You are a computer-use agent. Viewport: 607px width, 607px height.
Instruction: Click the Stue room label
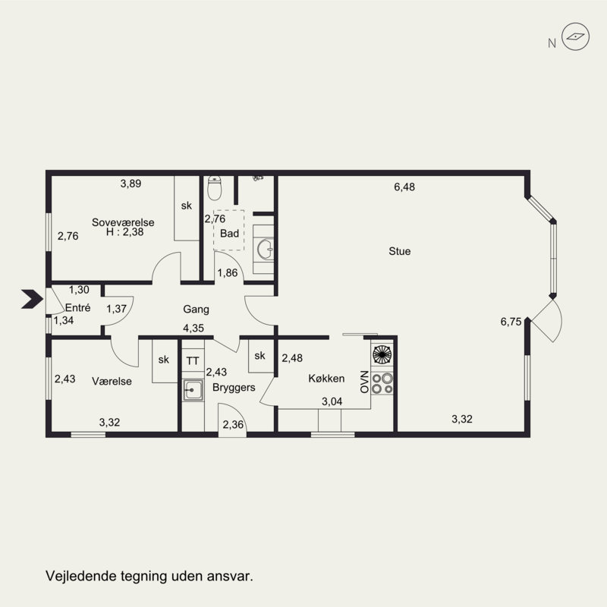(400, 251)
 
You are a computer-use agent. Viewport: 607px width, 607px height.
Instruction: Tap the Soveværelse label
(123, 222)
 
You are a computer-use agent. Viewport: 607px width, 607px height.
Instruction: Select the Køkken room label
(326, 378)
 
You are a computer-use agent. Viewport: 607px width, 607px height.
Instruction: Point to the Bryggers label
(234, 388)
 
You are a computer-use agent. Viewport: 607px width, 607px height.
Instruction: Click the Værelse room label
(112, 382)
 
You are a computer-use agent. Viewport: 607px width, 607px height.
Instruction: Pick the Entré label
(78, 308)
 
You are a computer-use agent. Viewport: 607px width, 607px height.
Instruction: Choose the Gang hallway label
(197, 310)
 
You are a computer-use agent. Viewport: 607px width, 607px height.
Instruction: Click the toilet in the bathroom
(214, 187)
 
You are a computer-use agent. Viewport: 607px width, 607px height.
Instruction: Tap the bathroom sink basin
(266, 249)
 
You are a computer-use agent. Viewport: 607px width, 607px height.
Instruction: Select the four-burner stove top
(382, 383)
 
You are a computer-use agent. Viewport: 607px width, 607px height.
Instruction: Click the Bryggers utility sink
(193, 390)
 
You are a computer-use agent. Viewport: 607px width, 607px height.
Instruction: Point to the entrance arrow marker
(32, 299)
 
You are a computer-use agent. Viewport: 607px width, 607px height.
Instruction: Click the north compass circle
(576, 36)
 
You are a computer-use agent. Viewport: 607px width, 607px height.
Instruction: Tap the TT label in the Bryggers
(193, 361)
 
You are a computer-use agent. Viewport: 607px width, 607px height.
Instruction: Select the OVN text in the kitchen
(364, 382)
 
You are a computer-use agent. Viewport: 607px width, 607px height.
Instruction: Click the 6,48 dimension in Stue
(404, 187)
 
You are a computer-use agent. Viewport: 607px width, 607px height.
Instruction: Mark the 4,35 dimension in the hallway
(193, 329)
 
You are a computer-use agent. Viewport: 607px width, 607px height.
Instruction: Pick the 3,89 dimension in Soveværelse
(131, 184)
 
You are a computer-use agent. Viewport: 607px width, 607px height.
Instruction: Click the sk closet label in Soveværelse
(186, 206)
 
